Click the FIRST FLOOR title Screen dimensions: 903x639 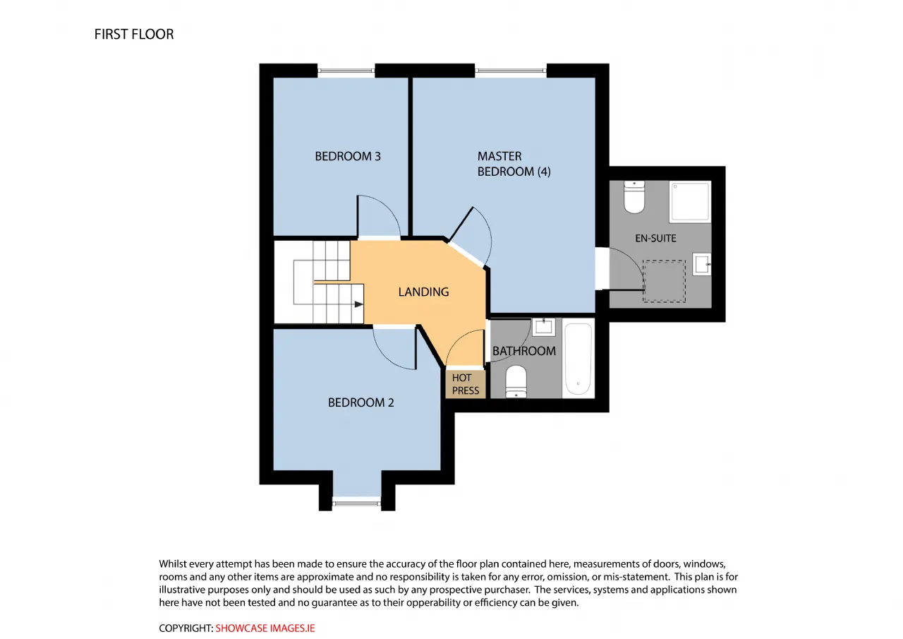tap(134, 35)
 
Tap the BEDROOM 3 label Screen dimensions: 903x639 tap(348, 156)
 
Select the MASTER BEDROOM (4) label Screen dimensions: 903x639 tap(514, 164)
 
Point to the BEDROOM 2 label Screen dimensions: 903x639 tap(360, 402)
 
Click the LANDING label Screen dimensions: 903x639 tap(423, 292)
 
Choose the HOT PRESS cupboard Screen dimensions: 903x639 tap(465, 384)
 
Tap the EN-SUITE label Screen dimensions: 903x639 tap(655, 238)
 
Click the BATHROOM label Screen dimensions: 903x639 tap(523, 351)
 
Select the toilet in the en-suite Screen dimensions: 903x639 tap(634, 196)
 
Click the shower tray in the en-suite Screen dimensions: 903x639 tap(690, 202)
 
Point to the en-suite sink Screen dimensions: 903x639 tap(701, 264)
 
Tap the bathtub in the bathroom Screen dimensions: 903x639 tap(578, 358)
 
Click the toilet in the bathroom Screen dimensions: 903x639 tap(516, 381)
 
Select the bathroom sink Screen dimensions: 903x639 tap(543, 327)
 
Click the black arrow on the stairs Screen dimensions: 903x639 tap(358, 304)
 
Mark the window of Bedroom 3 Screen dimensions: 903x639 tap(346, 71)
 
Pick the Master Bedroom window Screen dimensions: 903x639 tap(510, 71)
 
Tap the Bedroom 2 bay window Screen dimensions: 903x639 tap(356, 503)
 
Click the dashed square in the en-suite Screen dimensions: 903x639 tap(664, 281)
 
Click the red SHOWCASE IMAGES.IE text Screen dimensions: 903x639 tap(265, 628)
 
